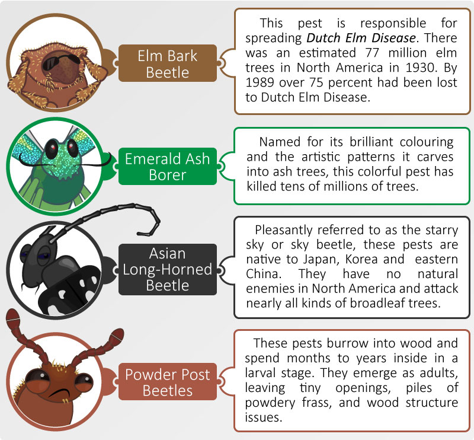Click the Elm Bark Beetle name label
pyautogui.click(x=168, y=63)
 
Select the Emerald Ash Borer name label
pyautogui.click(x=168, y=167)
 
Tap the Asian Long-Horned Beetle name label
pyautogui.click(x=168, y=269)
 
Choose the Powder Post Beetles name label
pyautogui.click(x=168, y=382)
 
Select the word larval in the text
pyautogui.click(x=260, y=373)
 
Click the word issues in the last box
pyautogui.click(x=263, y=417)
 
